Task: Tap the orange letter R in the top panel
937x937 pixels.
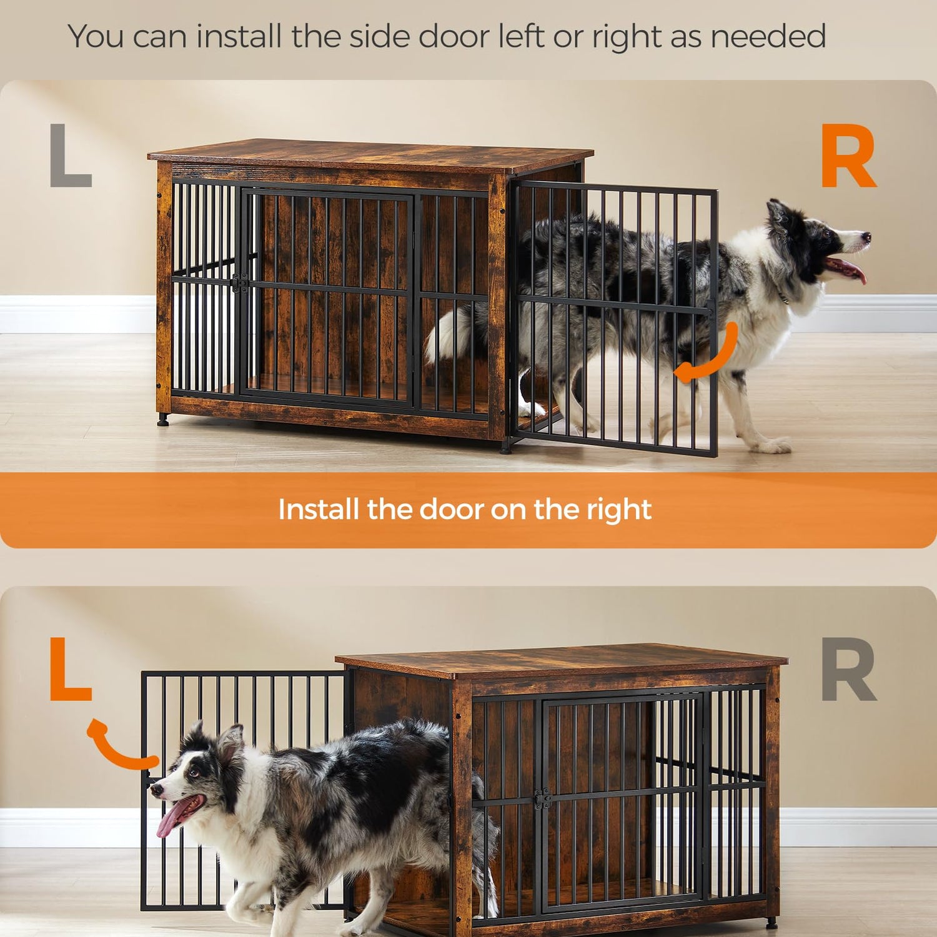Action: coord(848,156)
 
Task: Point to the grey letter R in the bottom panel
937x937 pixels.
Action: coord(848,670)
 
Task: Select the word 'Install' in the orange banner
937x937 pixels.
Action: coord(319,509)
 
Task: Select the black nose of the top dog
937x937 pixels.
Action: coord(866,237)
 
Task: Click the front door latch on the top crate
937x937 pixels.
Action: coord(239,283)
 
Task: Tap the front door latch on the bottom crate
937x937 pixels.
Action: coord(542,798)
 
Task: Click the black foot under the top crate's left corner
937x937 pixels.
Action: coord(163,420)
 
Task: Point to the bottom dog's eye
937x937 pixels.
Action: coord(195,773)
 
